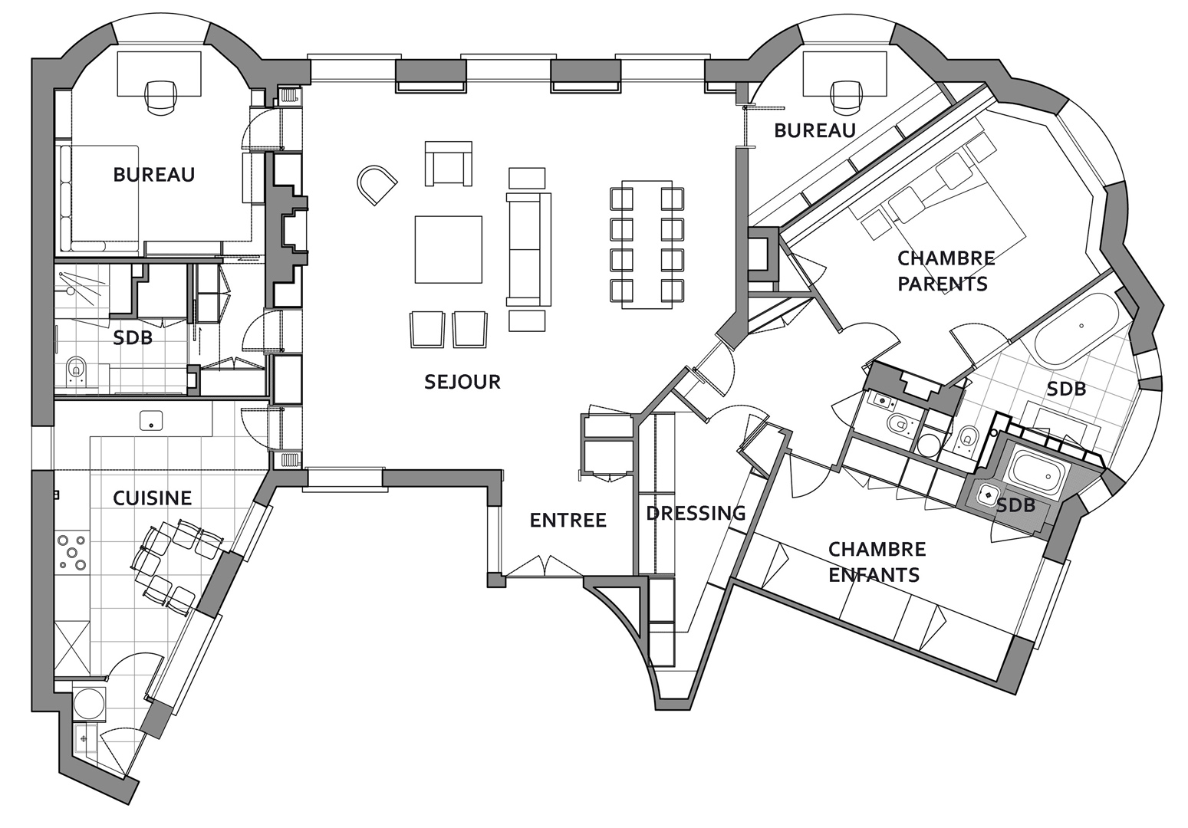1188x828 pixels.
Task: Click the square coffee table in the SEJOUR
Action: [449, 249]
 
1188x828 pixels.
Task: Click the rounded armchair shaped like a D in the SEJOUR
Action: [376, 185]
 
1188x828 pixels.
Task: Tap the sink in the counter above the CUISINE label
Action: [151, 420]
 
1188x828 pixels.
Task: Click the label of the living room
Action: [462, 382]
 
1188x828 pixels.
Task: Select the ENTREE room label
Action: [568, 521]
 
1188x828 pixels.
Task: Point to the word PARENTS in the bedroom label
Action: [943, 284]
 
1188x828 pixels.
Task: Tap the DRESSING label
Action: [696, 513]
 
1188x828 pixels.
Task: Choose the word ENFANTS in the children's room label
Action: [874, 575]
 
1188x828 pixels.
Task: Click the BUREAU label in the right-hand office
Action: [815, 130]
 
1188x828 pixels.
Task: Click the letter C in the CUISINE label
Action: [119, 498]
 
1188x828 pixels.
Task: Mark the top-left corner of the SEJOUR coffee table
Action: [415, 216]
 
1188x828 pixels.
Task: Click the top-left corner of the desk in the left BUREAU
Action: [117, 52]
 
